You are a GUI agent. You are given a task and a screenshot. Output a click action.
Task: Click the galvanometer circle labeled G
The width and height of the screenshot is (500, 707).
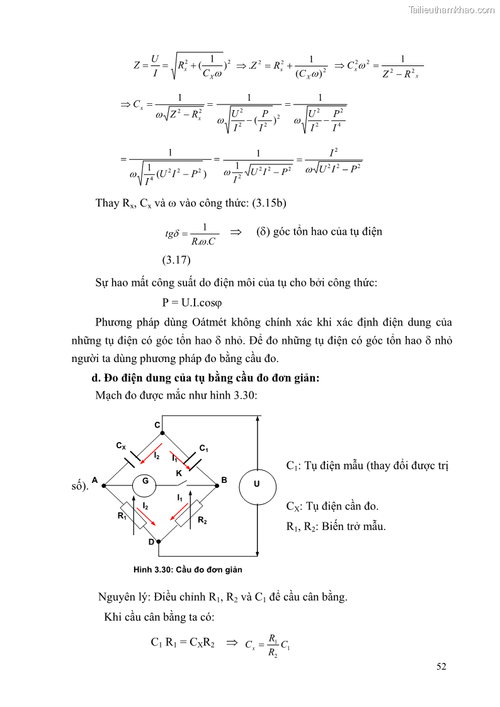[144, 485]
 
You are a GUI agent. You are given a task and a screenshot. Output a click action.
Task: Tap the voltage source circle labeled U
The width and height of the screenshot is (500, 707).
[257, 485]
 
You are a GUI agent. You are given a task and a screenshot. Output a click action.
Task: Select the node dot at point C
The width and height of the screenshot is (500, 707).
[163, 433]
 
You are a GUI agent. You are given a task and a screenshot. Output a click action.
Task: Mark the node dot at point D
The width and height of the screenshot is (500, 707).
[159, 540]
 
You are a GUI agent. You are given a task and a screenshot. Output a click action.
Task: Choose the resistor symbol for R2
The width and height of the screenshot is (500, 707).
[188, 513]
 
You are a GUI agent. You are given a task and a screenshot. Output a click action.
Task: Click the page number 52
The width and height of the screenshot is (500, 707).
[441, 667]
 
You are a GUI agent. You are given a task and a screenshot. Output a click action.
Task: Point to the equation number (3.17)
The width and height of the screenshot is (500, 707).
[177, 259]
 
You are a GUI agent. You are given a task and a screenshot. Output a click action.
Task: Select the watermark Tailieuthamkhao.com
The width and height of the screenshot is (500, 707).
[451, 9]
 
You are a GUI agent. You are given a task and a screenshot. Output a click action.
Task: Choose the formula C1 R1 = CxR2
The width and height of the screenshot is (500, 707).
[183, 643]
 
